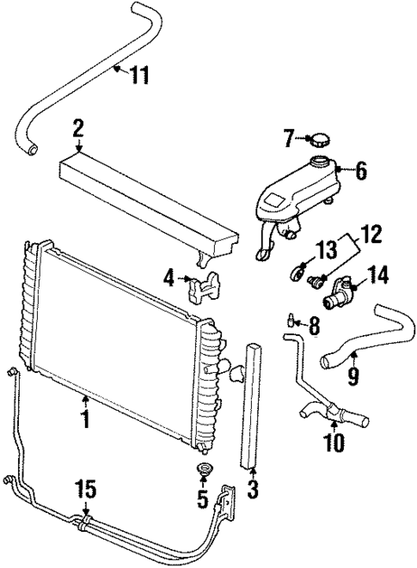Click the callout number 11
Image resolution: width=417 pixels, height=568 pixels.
pos(140,75)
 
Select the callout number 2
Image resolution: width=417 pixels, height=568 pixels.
pos(77,129)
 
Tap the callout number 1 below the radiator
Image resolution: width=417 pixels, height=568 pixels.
pos(85,422)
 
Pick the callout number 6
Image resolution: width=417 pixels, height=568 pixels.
pos(360,171)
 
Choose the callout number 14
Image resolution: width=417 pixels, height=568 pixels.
pos(377,275)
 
